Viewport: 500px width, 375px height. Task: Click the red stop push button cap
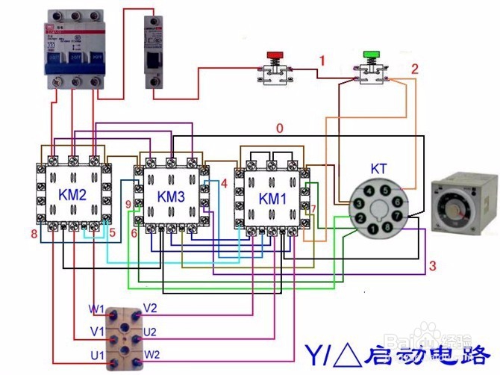(275, 55)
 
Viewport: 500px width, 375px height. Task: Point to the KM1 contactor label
(272, 199)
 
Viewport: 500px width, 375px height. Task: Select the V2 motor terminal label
(150, 308)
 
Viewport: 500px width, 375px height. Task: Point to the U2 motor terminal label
(150, 331)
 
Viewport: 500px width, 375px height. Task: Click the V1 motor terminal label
(96, 331)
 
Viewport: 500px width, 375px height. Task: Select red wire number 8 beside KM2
(34, 235)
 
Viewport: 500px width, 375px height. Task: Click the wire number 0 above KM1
(280, 128)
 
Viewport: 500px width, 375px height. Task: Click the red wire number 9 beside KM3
(128, 203)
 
